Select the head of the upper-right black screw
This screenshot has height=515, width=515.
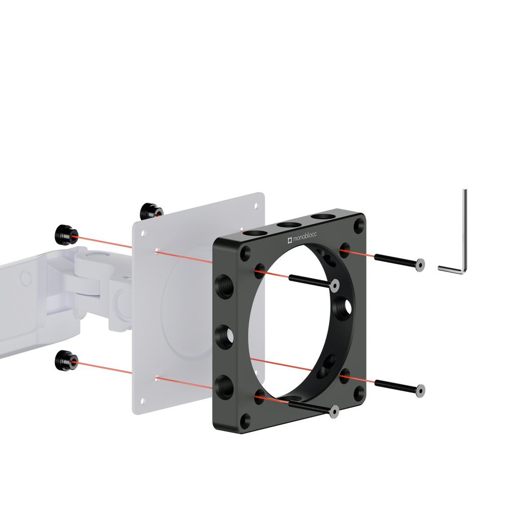[x=420, y=265]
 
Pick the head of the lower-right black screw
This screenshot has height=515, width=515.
[x=420, y=391]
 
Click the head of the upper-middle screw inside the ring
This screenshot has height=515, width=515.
[x=334, y=286]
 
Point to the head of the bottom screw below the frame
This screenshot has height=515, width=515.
[x=334, y=411]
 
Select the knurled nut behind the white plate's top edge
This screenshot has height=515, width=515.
[x=150, y=212]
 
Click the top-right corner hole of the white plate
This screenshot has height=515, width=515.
[x=256, y=206]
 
